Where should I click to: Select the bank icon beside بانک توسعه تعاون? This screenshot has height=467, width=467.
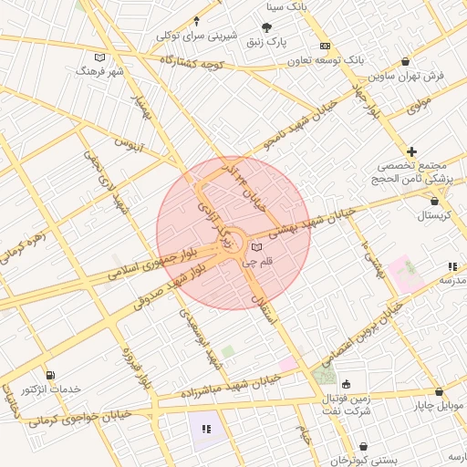pos(325,46)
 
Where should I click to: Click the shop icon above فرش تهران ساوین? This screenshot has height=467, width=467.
pos(405,62)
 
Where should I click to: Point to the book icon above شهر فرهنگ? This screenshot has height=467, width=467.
pos(99,57)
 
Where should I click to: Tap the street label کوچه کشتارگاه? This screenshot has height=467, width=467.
pos(192,62)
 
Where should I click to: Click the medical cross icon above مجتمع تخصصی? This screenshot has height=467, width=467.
pos(412,151)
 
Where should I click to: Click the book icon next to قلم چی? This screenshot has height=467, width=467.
pos(256,248)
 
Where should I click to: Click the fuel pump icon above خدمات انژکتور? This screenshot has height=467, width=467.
pos(50,375)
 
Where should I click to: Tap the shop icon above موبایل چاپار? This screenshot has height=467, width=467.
pos(439,390)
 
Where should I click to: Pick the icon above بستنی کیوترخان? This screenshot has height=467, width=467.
pos(365,447)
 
